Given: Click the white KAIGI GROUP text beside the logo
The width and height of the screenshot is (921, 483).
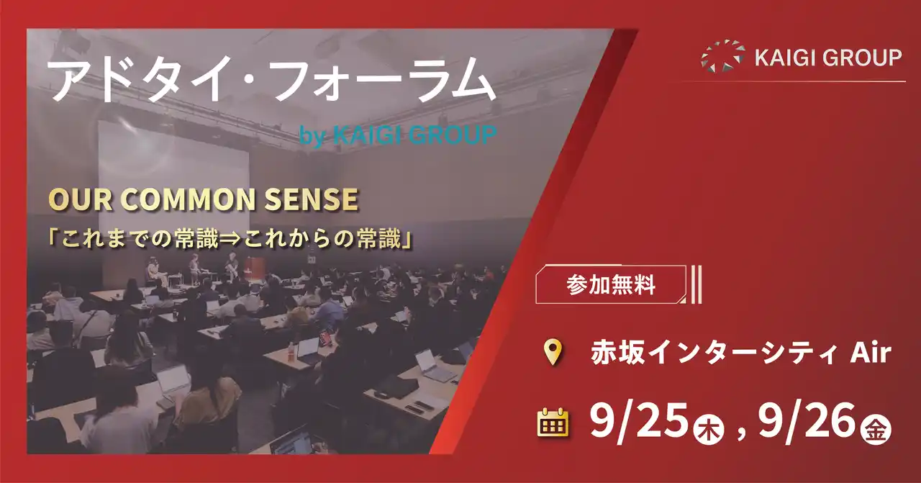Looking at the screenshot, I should pos(828,58).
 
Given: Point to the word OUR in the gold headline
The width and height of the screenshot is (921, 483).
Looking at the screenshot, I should pos(73,201).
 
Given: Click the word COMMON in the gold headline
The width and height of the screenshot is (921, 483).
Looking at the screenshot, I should pos(181,201).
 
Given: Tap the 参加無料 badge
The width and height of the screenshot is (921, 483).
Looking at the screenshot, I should pos(611,285).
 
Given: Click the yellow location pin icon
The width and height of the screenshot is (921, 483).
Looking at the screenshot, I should pos(552,353).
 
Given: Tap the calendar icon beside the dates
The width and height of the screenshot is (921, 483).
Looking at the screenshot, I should pos(553,423).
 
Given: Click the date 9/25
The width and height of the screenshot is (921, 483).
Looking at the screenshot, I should pos(637,421).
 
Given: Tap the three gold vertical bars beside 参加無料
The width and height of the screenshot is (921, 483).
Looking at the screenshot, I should pos(695,285).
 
